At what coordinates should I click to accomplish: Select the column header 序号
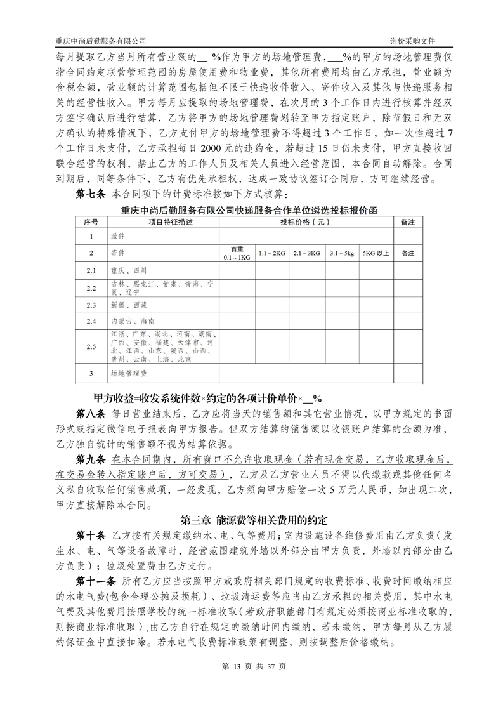[x=91, y=222]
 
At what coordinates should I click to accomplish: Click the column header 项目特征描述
[x=160, y=222]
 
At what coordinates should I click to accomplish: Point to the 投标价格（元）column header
[x=305, y=222]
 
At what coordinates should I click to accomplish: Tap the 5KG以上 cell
[x=376, y=253]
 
